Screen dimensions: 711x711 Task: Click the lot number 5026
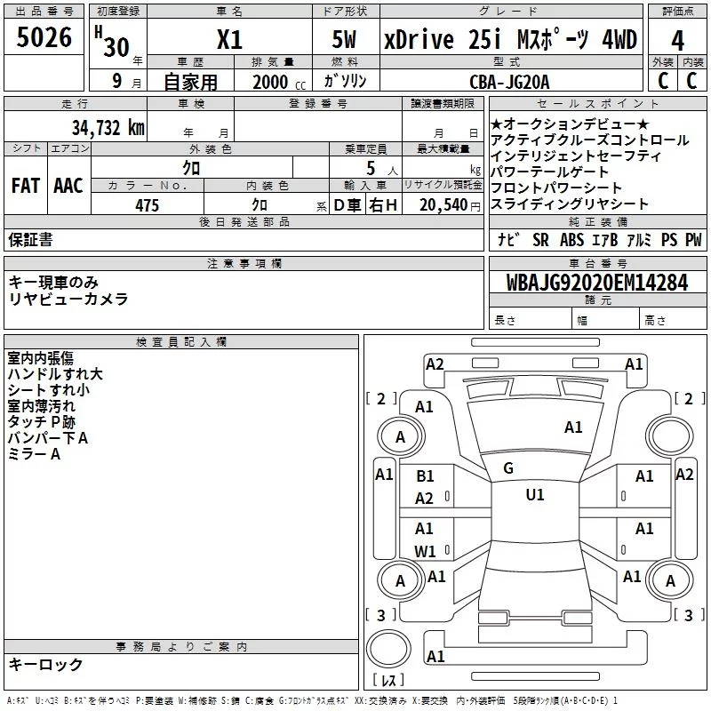click(x=44, y=39)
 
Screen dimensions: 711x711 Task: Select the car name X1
click(x=229, y=40)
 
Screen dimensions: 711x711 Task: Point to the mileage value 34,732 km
click(x=109, y=127)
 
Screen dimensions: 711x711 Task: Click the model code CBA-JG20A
click(x=509, y=81)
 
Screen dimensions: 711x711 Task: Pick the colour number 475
click(x=147, y=205)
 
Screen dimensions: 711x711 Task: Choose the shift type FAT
click(x=26, y=185)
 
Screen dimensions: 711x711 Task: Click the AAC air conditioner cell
click(x=68, y=185)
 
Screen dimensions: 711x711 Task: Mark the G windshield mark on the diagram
click(x=508, y=467)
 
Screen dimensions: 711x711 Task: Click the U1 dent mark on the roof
click(x=534, y=495)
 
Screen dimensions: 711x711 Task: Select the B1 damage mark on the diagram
click(x=425, y=476)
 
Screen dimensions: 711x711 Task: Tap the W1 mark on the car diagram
click(x=425, y=551)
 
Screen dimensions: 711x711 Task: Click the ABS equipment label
click(x=571, y=240)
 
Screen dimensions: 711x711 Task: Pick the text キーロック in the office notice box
click(x=45, y=665)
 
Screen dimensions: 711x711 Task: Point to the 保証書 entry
click(x=30, y=239)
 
